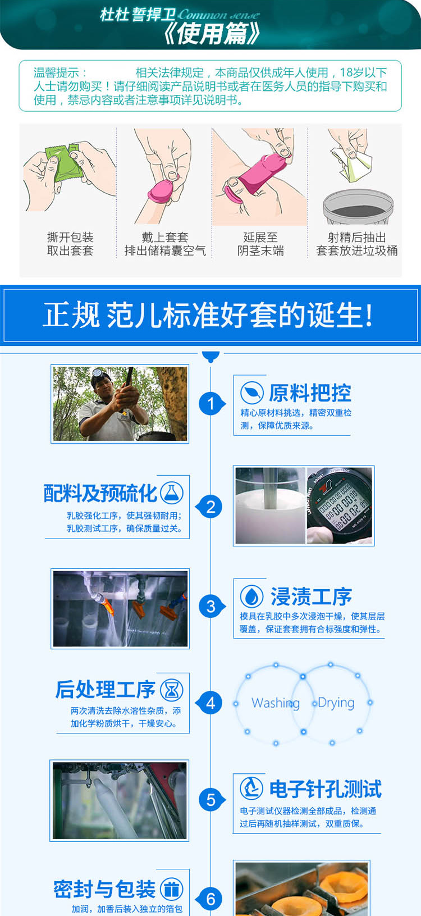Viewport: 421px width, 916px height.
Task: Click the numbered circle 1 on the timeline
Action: pyautogui.click(x=210, y=404)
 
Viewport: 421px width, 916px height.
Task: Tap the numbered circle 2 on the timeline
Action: pyautogui.click(x=210, y=507)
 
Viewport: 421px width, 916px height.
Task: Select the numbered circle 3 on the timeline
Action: pyautogui.click(x=210, y=606)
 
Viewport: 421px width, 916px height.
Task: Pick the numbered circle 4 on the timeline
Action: pyautogui.click(x=210, y=703)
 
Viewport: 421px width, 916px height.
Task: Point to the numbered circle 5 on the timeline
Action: pyautogui.click(x=210, y=799)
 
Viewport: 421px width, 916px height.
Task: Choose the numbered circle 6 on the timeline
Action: pyautogui.click(x=210, y=899)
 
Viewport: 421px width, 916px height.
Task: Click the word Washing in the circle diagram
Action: pyautogui.click(x=276, y=703)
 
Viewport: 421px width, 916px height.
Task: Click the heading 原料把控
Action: pyautogui.click(x=310, y=393)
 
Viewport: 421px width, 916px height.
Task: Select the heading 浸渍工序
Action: pyautogui.click(x=310, y=596)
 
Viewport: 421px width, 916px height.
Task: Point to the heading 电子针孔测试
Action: pyautogui.click(x=326, y=789)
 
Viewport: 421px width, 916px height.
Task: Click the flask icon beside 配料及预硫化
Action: pyautogui.click(x=172, y=493)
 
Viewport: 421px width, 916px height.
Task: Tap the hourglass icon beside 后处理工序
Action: pyautogui.click(x=172, y=690)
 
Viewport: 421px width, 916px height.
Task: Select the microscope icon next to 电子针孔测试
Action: pyautogui.click(x=251, y=788)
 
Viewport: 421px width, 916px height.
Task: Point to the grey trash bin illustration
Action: pyautogui.click(x=358, y=207)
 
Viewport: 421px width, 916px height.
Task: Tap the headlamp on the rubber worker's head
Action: pyautogui.click(x=97, y=373)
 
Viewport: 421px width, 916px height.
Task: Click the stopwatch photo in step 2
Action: pyautogui.click(x=340, y=505)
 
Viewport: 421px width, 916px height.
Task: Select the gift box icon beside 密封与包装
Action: pyautogui.click(x=172, y=889)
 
